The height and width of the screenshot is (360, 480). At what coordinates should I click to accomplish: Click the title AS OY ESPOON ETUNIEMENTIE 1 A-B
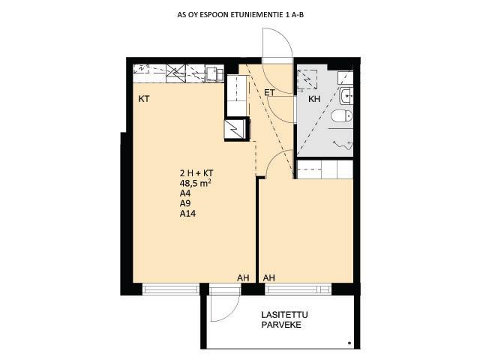[x=240, y=14]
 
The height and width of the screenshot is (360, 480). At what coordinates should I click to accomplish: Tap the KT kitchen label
[x=144, y=99]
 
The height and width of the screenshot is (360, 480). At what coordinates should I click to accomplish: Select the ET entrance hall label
[x=269, y=92]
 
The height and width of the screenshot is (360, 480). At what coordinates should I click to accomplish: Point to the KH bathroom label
[x=314, y=99]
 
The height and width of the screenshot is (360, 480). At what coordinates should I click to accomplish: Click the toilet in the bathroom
[x=341, y=115]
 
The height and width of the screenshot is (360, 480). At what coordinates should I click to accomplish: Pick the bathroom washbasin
[x=346, y=96]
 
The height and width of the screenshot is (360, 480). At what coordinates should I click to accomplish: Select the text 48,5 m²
[x=196, y=183]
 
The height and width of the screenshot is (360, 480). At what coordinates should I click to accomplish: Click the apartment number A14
[x=187, y=213]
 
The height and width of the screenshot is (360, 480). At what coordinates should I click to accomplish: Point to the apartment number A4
[x=185, y=193]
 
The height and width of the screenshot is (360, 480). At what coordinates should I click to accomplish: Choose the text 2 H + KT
[x=196, y=173]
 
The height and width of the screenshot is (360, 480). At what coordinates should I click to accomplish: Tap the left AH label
[x=243, y=278]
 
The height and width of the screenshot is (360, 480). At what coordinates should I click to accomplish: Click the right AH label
[x=268, y=278]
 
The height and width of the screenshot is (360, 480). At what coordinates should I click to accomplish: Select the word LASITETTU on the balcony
[x=284, y=315]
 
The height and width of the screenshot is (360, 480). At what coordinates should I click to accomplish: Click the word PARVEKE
[x=281, y=325]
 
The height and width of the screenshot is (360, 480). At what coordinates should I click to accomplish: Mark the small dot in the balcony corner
[x=349, y=343]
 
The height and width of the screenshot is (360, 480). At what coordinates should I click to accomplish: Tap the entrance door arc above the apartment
[x=283, y=39]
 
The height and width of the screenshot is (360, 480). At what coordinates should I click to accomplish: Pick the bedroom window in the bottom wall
[x=298, y=289]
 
